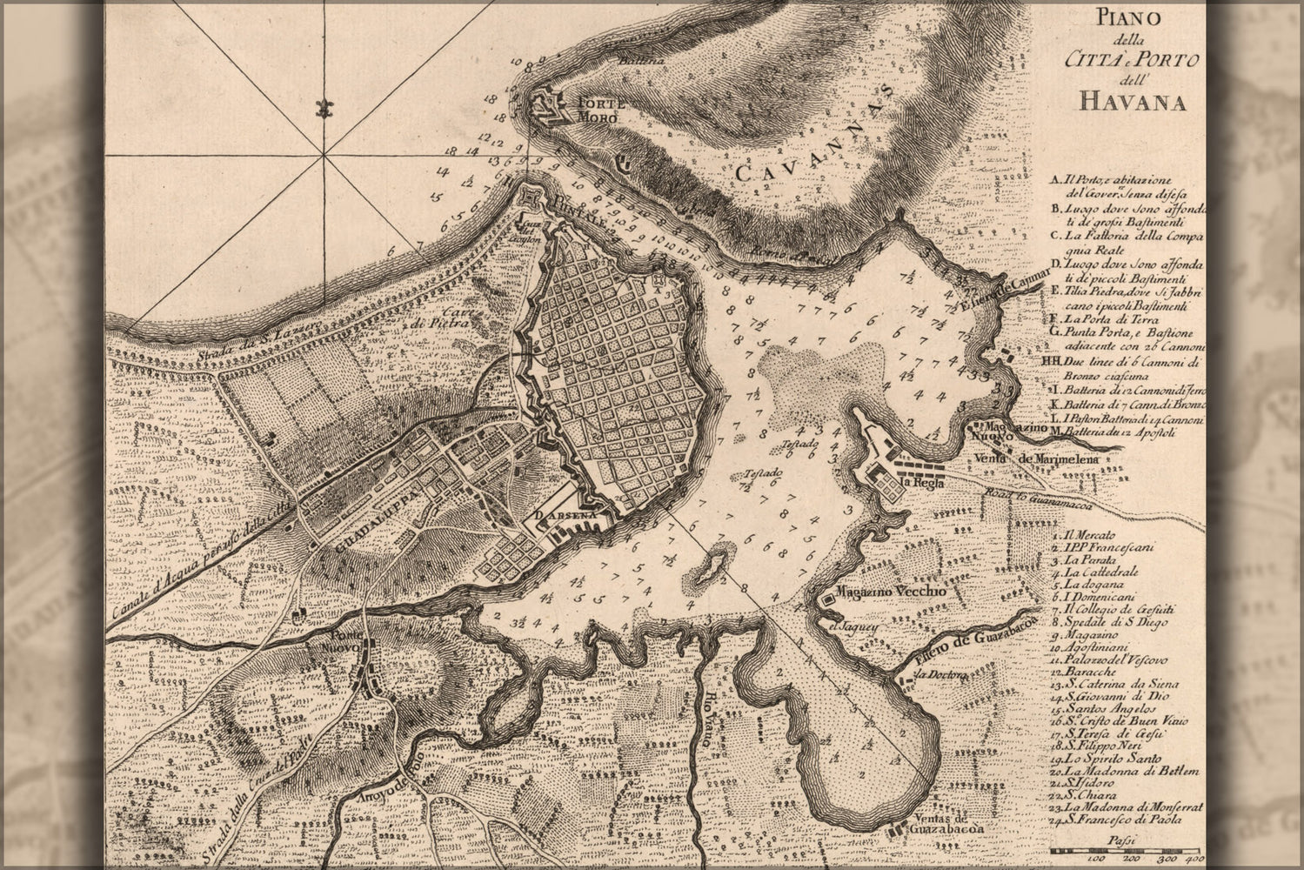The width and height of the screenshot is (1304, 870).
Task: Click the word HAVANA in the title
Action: coord(1133,102)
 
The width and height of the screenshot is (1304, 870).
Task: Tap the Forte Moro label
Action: coord(598,109)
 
